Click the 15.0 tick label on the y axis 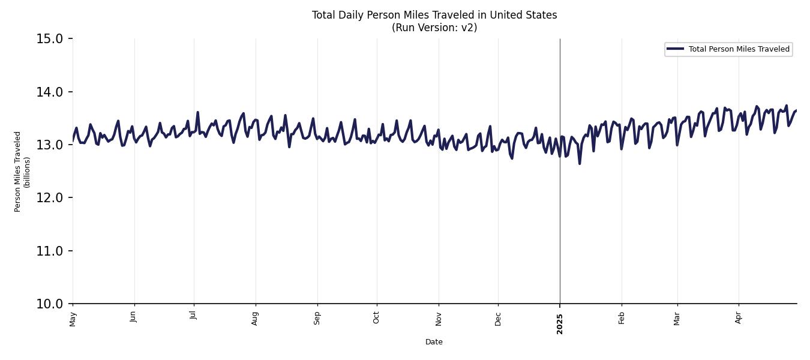coord(50,39)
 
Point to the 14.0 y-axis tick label coord(50,92)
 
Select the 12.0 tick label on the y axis coord(50,198)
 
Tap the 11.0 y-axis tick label coord(50,251)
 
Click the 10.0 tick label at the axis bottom coord(50,304)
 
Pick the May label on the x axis coord(73,319)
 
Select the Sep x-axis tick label coord(317,317)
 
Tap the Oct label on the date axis coord(376,317)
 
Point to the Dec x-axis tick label coord(498,318)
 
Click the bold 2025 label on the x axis coord(560,323)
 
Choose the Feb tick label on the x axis coord(622,317)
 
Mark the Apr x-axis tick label coord(739,317)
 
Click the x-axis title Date coord(434,342)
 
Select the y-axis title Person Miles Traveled coord(18,171)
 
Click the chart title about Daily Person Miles coord(434,15)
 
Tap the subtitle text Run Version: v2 coord(434,28)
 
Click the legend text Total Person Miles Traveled coord(739,49)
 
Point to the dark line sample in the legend coord(675,49)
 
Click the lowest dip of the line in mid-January coord(580,164)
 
